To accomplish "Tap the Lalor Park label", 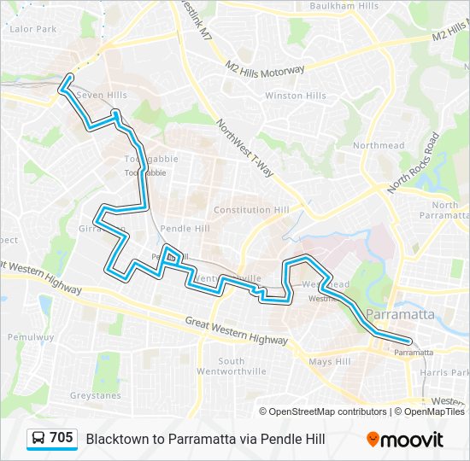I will coord(32,28).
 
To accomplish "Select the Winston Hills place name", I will coord(295,96).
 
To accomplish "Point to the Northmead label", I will coord(379,146).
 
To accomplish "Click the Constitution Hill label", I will coord(251,210).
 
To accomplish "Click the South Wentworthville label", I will coord(232,366).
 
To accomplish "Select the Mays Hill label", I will coord(330,362).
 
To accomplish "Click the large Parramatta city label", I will coord(399,314).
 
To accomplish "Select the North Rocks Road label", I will coord(412,161).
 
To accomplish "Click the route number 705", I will coord(61,438).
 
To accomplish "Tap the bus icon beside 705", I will coord(38,439).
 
